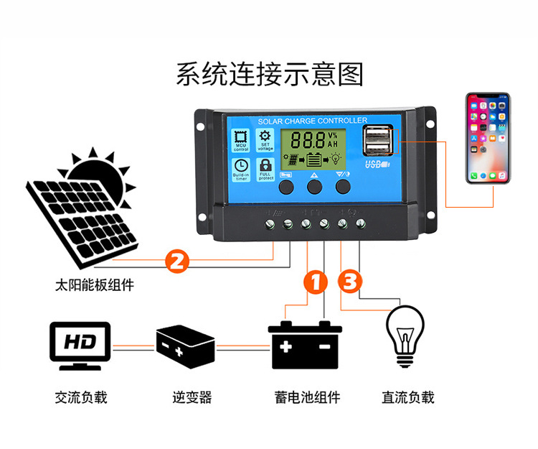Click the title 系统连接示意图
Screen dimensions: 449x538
[270, 74]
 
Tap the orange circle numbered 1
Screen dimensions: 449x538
[316, 282]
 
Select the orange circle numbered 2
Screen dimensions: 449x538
[177, 259]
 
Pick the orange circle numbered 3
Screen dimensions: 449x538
[350, 282]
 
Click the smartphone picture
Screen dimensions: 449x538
[488, 138]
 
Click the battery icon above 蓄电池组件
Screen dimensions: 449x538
[306, 346]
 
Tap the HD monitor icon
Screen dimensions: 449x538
[80, 345]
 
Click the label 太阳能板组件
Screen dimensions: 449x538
[94, 285]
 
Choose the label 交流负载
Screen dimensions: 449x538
[80, 397]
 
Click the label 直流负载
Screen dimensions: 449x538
[408, 397]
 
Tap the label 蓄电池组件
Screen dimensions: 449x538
[307, 397]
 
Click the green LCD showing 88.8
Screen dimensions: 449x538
[310, 150]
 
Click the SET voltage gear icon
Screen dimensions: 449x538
[265, 139]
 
